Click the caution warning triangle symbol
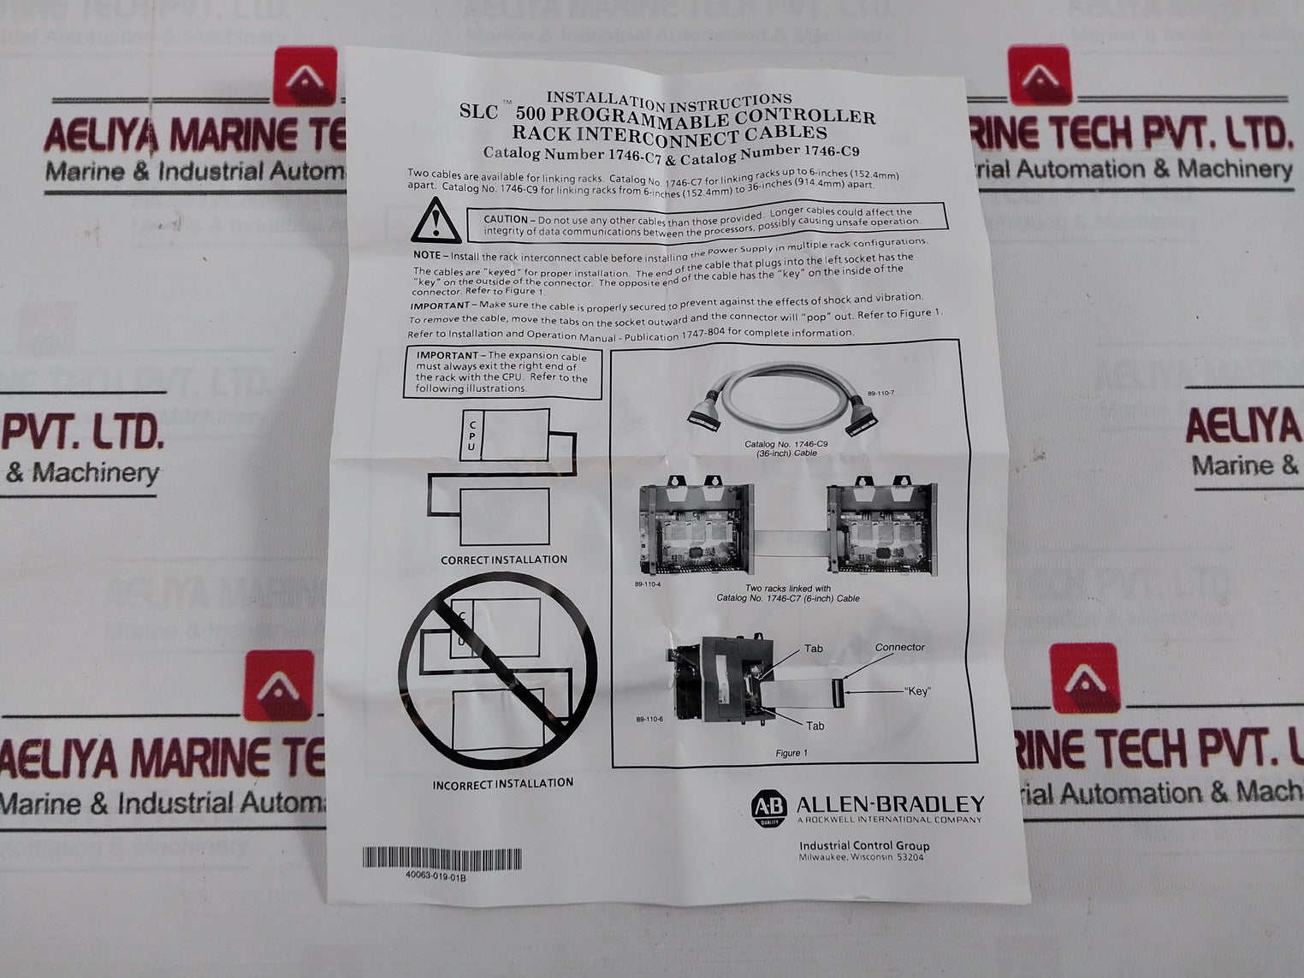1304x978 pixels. tap(436, 221)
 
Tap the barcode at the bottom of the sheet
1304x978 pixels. tap(442, 858)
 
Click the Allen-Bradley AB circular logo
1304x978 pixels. tap(768, 808)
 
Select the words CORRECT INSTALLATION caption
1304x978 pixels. tap(504, 560)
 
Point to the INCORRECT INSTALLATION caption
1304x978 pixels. tap(502, 783)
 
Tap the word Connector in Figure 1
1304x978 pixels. tap(899, 648)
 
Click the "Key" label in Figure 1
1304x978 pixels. tap(916, 691)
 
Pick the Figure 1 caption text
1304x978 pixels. tap(790, 753)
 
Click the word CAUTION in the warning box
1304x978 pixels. tap(506, 220)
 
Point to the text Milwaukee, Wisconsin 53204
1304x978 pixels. tap(861, 857)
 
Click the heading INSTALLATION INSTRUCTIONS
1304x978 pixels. tap(669, 99)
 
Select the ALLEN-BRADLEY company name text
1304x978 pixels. tap(890, 804)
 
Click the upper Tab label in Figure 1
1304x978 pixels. tap(813, 649)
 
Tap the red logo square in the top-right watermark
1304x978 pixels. tap(1039, 75)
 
